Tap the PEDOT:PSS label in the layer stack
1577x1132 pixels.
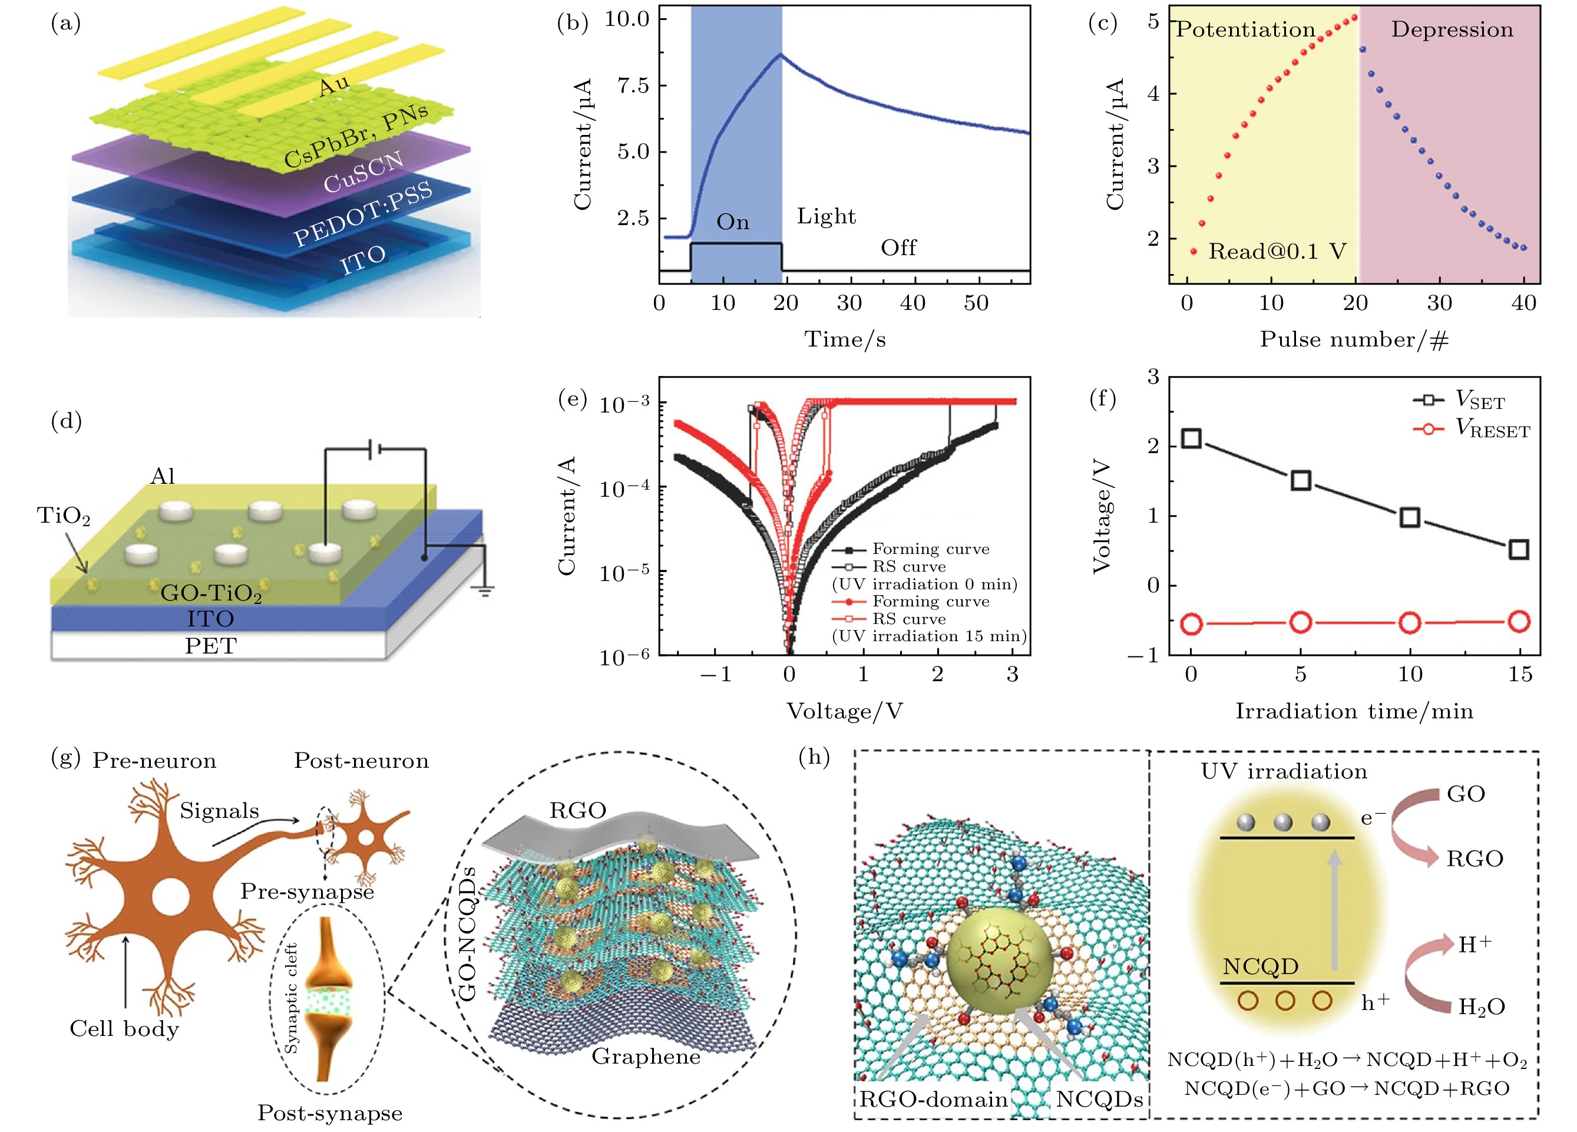(x=363, y=213)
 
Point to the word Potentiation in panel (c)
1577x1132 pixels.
(x=1245, y=30)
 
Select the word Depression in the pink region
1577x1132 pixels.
(x=1452, y=30)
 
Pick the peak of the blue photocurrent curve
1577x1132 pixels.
(x=782, y=54)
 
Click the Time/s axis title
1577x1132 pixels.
(x=845, y=339)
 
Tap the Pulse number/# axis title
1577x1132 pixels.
(x=1354, y=339)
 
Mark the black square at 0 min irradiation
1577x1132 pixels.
(x=1192, y=438)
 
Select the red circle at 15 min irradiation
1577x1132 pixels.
(x=1519, y=621)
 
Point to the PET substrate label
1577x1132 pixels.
(x=211, y=646)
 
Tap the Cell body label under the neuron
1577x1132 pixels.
(x=124, y=1028)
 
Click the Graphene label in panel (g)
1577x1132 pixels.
(x=646, y=1056)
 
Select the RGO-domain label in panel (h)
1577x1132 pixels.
(x=933, y=1100)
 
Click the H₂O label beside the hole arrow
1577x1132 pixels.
(x=1482, y=1006)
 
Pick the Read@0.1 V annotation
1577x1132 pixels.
(x=1277, y=252)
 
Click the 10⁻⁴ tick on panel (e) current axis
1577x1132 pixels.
(x=624, y=489)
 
